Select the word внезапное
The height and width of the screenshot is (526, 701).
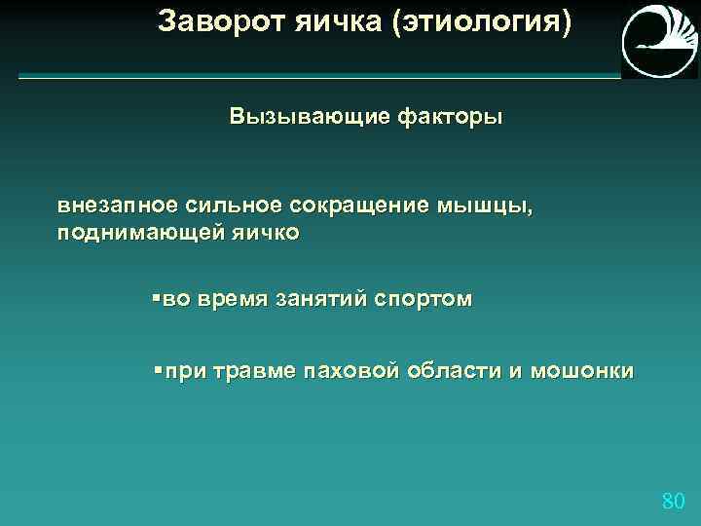pos(117,207)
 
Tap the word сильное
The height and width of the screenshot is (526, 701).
pos(230,207)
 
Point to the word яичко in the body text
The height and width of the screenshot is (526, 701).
pos(266,233)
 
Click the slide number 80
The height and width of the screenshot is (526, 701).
pos(673,502)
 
